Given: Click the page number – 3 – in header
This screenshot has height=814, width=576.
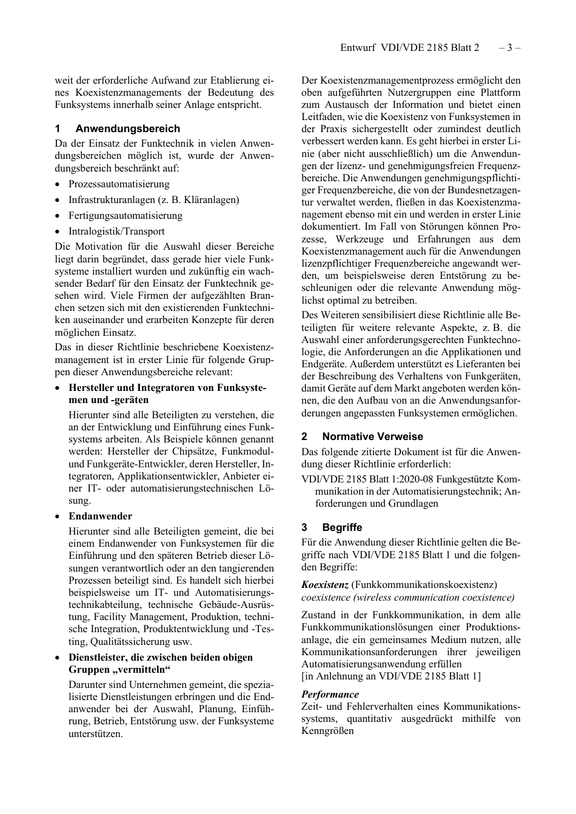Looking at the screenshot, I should coord(509,47).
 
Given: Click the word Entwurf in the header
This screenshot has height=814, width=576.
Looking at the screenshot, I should coord(358,47).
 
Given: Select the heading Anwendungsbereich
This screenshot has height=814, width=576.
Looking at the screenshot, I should coord(127,128).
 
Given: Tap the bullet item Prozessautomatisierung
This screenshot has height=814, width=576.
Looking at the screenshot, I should coord(119,184).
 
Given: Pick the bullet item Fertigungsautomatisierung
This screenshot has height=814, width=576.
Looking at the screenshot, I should coord(125,216).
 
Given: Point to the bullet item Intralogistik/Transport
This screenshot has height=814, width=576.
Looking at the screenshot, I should coord(116,232).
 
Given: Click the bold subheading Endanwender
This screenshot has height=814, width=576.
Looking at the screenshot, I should coord(100,516).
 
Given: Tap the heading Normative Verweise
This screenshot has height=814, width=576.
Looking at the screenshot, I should coord(372,436).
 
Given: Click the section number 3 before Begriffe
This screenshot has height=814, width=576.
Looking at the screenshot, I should coord(304,527).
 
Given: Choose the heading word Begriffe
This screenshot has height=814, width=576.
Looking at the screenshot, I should coord(342,527).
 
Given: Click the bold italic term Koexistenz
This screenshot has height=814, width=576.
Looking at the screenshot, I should coord(324,585).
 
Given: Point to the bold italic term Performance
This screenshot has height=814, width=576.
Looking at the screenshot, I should coord(330,695).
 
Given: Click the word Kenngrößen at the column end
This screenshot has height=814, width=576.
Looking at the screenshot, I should coord(327,731).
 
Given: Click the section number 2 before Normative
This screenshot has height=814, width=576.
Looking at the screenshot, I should coord(304,436).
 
